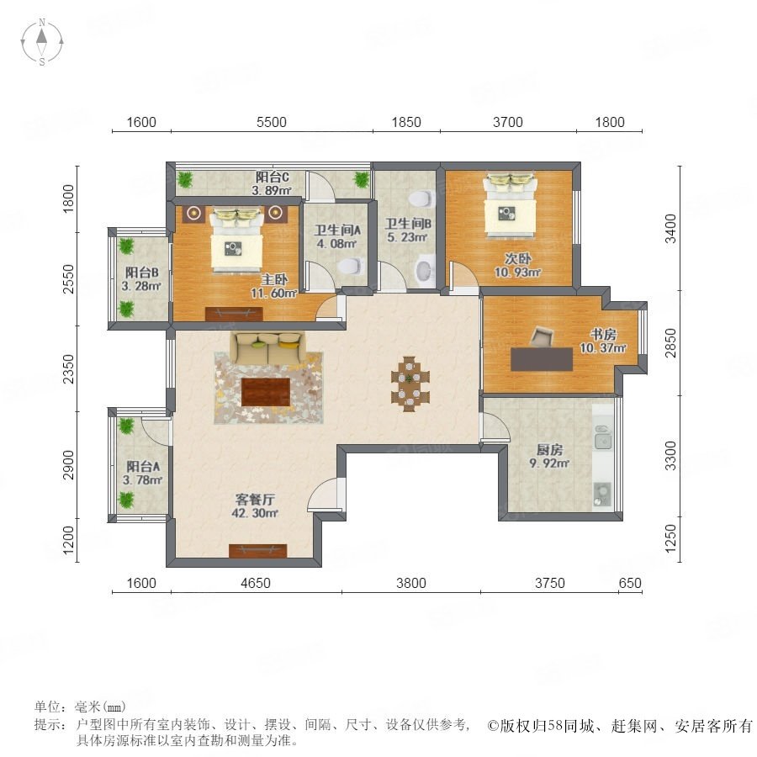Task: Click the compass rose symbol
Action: pyautogui.click(x=42, y=42)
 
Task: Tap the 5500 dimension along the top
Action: pyautogui.click(x=272, y=122)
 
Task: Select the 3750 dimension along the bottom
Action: pyautogui.click(x=549, y=583)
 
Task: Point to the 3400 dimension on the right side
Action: pyautogui.click(x=670, y=229)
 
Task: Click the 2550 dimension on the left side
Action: pyautogui.click(x=69, y=279)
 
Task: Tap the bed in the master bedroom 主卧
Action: pyautogui.click(x=236, y=239)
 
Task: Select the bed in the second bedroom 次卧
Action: pyautogui.click(x=511, y=204)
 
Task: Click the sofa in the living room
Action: pyautogui.click(x=267, y=347)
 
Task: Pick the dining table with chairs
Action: pyautogui.click(x=410, y=384)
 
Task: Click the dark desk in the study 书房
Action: pyautogui.click(x=542, y=359)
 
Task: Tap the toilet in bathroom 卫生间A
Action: pyautogui.click(x=351, y=266)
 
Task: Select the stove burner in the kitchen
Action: pyautogui.click(x=602, y=494)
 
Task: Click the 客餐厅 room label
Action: pyautogui.click(x=254, y=499)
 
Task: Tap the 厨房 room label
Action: pyautogui.click(x=549, y=450)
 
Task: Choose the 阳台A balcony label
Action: pyautogui.click(x=143, y=466)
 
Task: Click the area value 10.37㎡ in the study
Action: pyautogui.click(x=603, y=347)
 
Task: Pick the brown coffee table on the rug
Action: pyautogui.click(x=266, y=393)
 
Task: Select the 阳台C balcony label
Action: pyautogui.click(x=273, y=177)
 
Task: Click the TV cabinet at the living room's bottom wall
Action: pyautogui.click(x=258, y=551)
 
